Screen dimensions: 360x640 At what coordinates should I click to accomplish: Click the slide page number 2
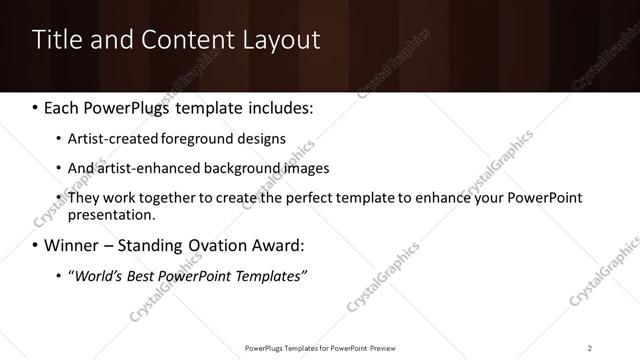coord(590,348)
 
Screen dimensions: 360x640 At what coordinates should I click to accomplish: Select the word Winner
coord(73,244)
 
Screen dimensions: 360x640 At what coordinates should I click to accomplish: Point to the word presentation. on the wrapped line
coord(112,214)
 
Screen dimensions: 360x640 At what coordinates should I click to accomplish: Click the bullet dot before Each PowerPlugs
coord(36,108)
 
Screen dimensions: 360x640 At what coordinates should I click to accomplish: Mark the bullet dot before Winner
coord(36,244)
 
